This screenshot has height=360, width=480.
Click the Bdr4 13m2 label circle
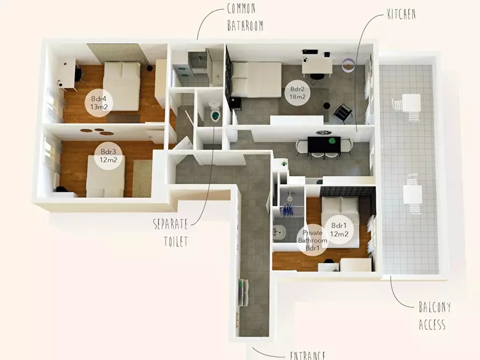[98, 103]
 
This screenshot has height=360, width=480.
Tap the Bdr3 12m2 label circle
[109, 155]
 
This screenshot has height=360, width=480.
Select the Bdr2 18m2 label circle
[298, 93]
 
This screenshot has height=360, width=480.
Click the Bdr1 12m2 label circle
[339, 229]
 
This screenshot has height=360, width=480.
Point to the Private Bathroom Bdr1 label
[312, 240]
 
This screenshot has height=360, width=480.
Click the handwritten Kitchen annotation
[402, 14]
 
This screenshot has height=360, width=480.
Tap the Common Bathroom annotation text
[245, 18]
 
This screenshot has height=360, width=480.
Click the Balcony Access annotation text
[434, 315]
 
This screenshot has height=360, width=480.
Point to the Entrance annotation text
[307, 355]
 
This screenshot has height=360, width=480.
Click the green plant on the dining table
[332, 141]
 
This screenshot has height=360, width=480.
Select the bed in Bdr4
[121, 86]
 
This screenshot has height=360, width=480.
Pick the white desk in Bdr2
[317, 67]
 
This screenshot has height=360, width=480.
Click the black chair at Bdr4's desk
[80, 75]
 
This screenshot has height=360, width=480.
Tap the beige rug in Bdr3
[142, 178]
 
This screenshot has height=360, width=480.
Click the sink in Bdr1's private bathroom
[279, 232]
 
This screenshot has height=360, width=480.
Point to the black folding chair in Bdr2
[342, 113]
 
